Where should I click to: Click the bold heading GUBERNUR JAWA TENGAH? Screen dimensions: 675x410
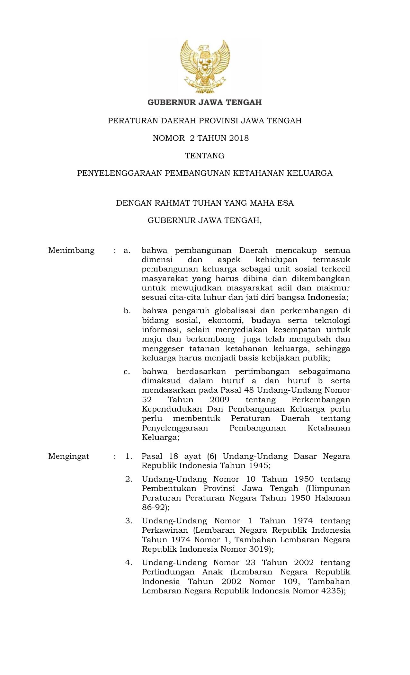click(x=205, y=102)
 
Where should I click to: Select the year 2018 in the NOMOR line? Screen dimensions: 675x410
click(x=238, y=138)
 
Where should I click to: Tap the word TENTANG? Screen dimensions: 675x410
click(x=205, y=156)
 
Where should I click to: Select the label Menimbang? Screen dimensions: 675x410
click(x=71, y=250)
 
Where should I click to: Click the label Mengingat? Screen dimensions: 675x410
click(x=68, y=456)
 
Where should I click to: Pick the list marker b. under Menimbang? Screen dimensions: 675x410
click(x=127, y=311)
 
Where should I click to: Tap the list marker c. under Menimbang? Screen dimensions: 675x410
click(x=127, y=372)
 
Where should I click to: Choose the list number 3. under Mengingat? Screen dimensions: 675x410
click(x=129, y=521)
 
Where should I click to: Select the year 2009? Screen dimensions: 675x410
click(x=219, y=400)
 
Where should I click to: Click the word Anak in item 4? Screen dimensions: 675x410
click(x=212, y=572)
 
